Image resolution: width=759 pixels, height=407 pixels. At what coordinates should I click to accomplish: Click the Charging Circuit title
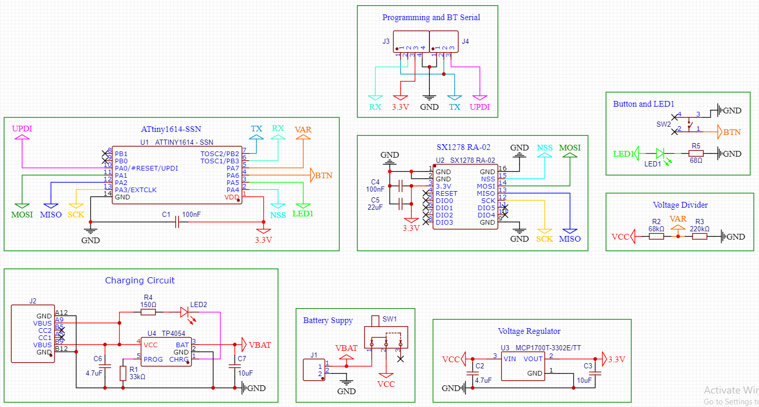(140, 281)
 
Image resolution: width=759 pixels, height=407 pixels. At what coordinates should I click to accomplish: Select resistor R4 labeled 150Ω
(148, 312)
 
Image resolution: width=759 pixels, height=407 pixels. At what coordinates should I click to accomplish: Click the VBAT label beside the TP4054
(260, 345)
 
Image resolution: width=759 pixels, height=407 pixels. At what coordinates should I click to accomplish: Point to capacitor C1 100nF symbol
(177, 222)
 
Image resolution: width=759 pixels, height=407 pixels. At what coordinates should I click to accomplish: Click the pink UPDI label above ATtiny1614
(22, 129)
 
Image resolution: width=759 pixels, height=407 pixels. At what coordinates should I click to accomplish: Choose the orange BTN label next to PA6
(323, 176)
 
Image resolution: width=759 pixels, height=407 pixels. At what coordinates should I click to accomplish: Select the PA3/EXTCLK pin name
(135, 190)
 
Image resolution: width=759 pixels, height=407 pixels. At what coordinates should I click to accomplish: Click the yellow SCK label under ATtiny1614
(76, 214)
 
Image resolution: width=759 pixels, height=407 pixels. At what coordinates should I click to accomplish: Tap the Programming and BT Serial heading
(431, 18)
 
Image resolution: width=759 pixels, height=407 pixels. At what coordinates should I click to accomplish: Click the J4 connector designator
(465, 41)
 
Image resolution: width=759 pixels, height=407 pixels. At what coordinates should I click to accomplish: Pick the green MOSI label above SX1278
(570, 148)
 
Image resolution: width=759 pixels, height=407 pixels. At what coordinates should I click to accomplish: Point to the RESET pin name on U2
(446, 194)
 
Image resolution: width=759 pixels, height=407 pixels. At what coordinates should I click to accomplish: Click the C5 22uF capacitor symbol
(400, 204)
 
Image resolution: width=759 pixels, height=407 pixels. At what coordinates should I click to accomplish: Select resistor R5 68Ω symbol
(696, 154)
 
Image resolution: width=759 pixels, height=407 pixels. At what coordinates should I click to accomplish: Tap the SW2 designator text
(663, 125)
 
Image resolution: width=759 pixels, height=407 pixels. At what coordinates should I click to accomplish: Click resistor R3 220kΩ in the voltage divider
(699, 236)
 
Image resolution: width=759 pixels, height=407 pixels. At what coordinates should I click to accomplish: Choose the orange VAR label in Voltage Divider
(678, 219)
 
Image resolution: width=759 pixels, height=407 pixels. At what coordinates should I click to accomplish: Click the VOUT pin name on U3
(533, 359)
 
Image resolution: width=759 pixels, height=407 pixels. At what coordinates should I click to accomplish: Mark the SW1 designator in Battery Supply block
(390, 319)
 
